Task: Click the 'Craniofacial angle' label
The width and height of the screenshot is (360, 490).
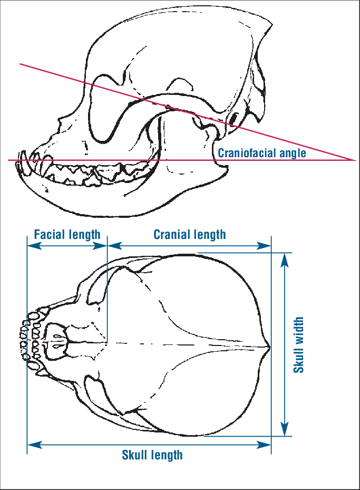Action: pyautogui.click(x=262, y=153)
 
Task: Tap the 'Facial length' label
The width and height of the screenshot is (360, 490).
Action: pyautogui.click(x=67, y=234)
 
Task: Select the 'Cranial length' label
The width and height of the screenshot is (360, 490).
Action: pyautogui.click(x=189, y=234)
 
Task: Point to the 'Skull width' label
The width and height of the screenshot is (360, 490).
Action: pyautogui.click(x=299, y=344)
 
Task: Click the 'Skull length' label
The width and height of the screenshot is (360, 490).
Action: pyautogui.click(x=152, y=455)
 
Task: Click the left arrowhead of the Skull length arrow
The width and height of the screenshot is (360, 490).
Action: pyautogui.click(x=31, y=445)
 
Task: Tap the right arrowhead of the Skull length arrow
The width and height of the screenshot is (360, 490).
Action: pyautogui.click(x=268, y=445)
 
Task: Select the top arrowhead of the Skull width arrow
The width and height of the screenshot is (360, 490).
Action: pyautogui.click(x=285, y=256)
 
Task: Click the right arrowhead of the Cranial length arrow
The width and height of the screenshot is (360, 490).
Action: pyautogui.click(x=268, y=246)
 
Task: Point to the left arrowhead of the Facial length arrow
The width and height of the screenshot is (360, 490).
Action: pyautogui.click(x=31, y=246)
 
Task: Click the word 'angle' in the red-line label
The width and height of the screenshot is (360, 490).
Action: pyautogui.click(x=292, y=153)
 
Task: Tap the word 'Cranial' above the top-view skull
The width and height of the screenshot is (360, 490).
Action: pyautogui.click(x=171, y=234)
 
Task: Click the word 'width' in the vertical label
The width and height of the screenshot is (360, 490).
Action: pyautogui.click(x=299, y=329)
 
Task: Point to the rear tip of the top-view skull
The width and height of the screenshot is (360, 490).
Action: pyautogui.click(x=269, y=347)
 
